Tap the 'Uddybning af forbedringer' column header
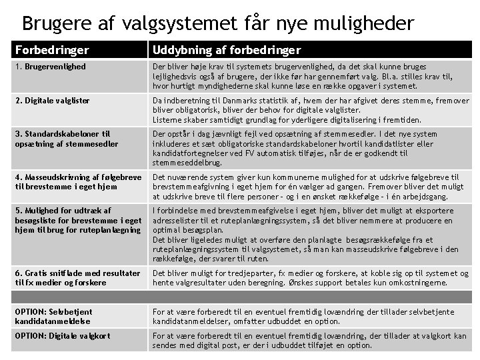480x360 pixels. (227, 50)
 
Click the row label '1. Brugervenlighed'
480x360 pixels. (51, 67)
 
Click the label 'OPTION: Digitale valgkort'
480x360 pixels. (62, 335)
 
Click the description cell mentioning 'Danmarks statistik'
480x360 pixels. (310, 110)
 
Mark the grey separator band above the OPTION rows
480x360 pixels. (240, 297)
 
